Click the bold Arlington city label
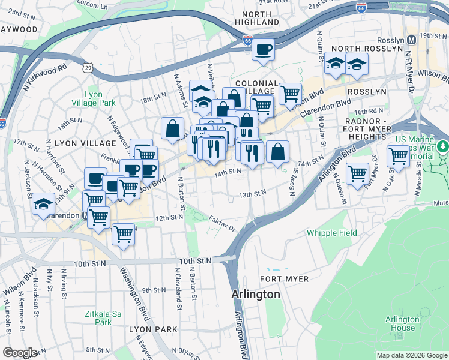click(x=256, y=295)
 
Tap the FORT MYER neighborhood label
click(x=284, y=279)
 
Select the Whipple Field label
click(x=331, y=233)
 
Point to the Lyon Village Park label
click(x=100, y=99)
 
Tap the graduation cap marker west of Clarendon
click(x=44, y=203)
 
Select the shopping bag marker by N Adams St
click(x=173, y=127)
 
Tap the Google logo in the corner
click(x=20, y=353)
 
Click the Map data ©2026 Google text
click(x=411, y=355)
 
